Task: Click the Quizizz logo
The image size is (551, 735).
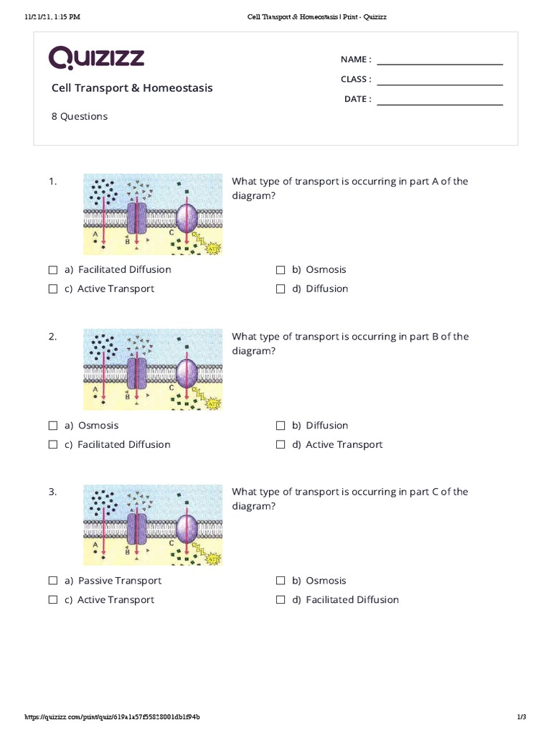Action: [96, 58]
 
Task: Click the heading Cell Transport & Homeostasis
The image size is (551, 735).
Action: [132, 88]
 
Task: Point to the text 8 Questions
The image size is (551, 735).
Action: [79, 116]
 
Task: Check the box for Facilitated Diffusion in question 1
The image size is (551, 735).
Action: [53, 270]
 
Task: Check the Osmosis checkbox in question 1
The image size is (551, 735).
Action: [281, 270]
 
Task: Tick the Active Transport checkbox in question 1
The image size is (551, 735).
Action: [53, 289]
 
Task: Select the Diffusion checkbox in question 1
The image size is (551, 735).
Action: [281, 289]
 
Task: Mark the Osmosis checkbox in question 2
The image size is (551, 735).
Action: [53, 426]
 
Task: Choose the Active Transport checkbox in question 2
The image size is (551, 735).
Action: [281, 445]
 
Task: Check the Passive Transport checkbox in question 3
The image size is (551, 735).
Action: [53, 581]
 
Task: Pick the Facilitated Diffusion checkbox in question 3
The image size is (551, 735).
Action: [281, 600]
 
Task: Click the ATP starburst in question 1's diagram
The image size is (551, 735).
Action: [212, 248]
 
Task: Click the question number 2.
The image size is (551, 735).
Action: [52, 337]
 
